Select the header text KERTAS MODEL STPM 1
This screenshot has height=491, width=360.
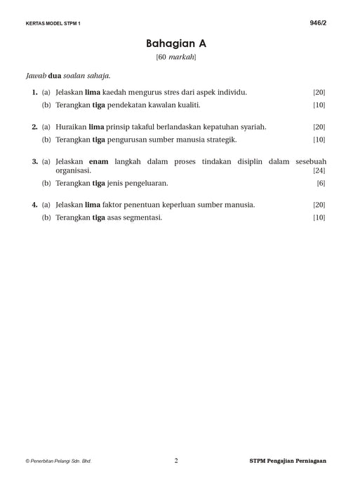53,24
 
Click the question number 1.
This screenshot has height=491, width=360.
34,93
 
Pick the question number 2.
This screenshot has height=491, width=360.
34,127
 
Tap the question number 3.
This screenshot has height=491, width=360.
34,161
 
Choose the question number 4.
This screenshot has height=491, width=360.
34,205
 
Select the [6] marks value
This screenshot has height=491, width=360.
321,183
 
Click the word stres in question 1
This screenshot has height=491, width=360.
175,93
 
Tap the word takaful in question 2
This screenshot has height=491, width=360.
142,127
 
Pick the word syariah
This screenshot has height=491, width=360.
253,127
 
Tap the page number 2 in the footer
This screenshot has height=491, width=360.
176,461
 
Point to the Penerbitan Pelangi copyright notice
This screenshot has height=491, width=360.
58,462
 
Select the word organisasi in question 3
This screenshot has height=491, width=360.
72,170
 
